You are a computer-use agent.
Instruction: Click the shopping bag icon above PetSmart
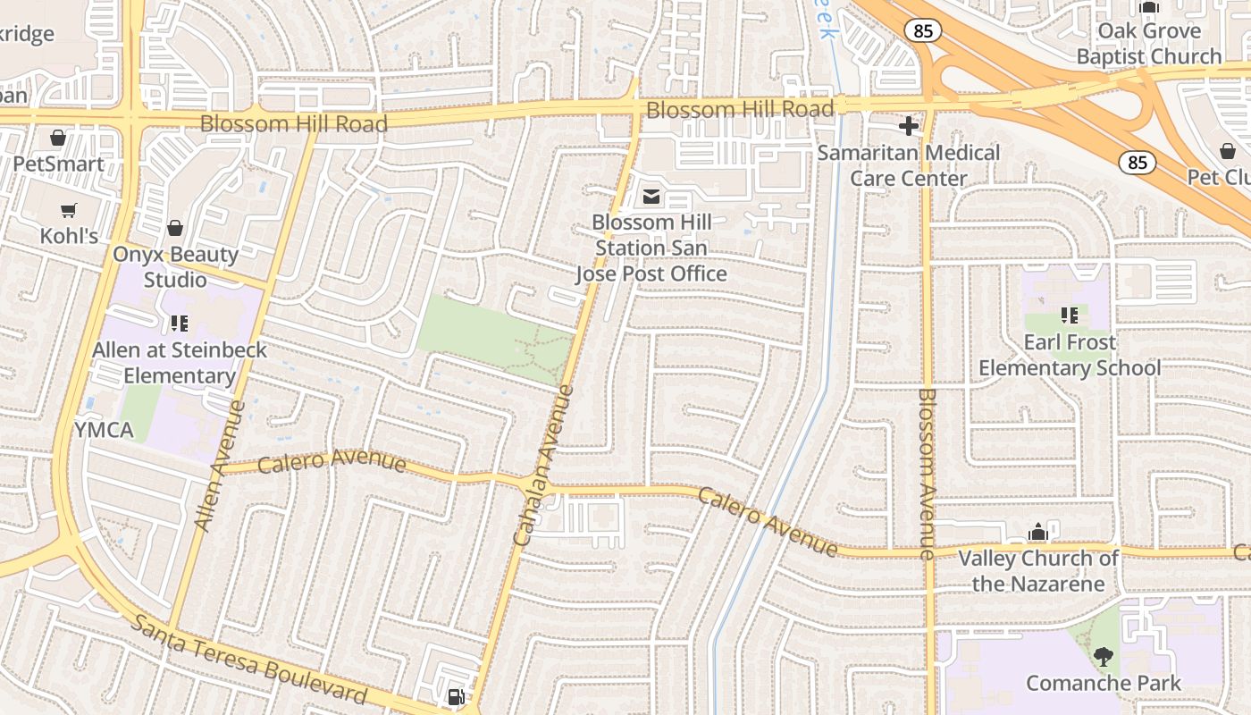click(58, 138)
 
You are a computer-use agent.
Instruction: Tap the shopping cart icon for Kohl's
click(69, 210)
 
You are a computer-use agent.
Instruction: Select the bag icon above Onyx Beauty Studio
click(175, 228)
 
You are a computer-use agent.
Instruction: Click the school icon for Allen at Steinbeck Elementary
click(179, 323)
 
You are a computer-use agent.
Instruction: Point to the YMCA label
click(104, 430)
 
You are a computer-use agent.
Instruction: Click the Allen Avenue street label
click(219, 466)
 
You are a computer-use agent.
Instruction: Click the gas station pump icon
click(456, 696)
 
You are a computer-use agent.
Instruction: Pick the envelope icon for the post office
click(651, 196)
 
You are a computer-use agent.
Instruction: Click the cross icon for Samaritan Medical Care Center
click(909, 126)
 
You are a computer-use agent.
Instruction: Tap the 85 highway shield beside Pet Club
click(1137, 163)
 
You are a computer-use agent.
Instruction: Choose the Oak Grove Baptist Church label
click(1149, 44)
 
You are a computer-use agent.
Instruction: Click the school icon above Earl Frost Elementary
click(1069, 315)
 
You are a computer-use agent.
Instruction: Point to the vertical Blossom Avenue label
click(927, 474)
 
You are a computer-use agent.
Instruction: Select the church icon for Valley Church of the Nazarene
click(1037, 533)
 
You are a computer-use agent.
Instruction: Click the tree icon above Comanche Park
click(1104, 657)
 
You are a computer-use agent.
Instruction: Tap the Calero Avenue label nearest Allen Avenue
click(332, 462)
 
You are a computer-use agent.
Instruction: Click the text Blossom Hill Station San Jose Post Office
click(651, 248)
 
